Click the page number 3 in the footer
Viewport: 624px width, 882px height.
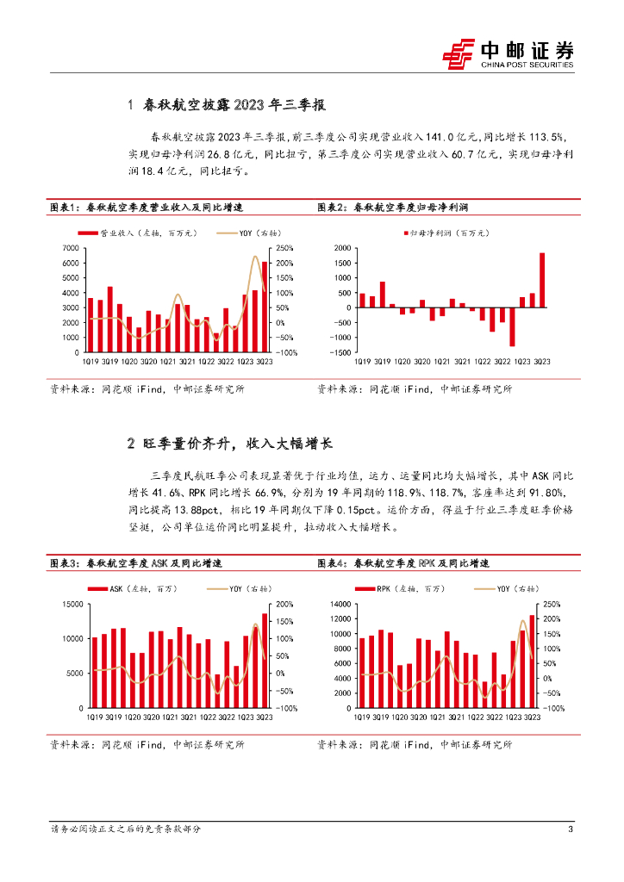[571, 829]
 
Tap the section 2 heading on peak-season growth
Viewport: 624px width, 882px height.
[229, 444]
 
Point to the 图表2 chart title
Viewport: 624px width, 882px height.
[398, 208]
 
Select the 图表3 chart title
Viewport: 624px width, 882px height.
[136, 563]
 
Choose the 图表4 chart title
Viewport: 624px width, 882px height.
[403, 563]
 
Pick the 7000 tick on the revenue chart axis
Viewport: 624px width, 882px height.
[72, 248]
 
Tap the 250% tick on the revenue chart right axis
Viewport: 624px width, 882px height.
[285, 248]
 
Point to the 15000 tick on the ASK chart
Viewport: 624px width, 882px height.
[71, 604]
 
